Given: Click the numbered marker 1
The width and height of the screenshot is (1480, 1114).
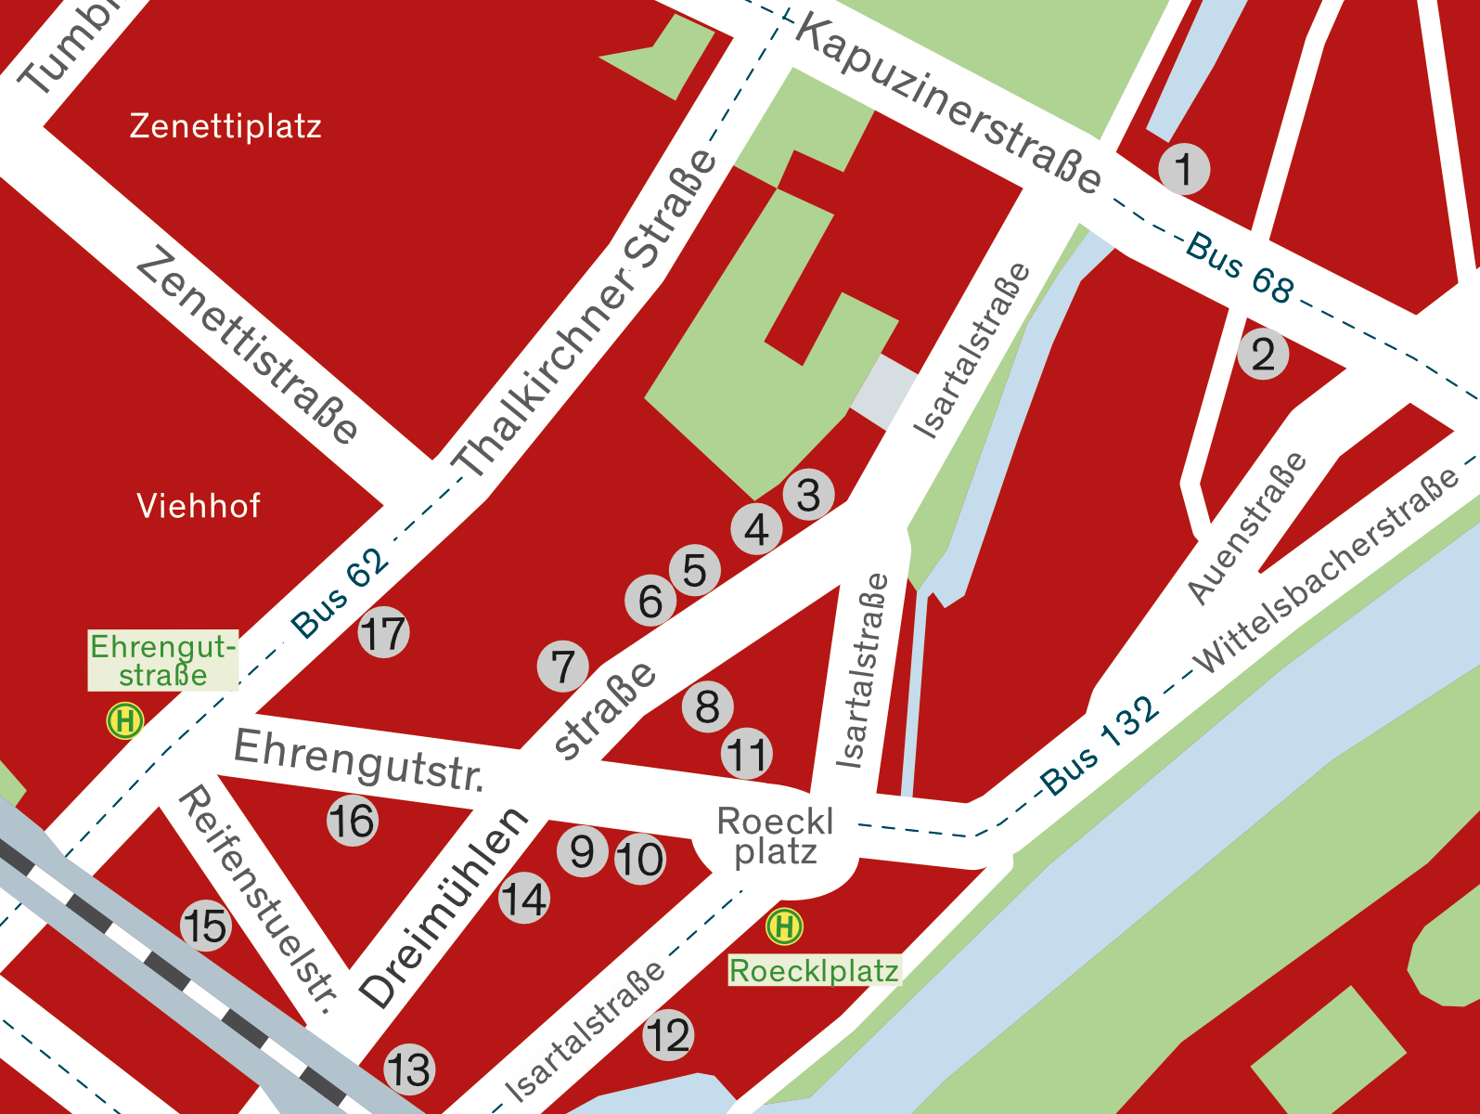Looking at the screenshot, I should coord(1184,169).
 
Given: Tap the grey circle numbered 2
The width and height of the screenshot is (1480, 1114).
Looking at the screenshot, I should coord(1263,355).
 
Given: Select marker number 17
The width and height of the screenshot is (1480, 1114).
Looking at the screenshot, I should coord(383,633).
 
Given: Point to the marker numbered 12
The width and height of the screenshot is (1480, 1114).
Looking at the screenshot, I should coord(668,1035).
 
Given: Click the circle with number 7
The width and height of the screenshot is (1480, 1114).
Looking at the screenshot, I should coord(563,667).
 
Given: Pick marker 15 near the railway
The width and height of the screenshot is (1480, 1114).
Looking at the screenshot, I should coord(205,926).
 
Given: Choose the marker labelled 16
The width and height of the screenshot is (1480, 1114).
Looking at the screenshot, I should coord(353,821).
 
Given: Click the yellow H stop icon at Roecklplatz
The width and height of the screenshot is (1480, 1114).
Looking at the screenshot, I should coord(784,926).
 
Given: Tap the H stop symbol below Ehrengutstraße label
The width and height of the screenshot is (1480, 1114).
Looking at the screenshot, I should coord(125,720).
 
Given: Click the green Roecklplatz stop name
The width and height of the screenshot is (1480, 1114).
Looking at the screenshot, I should coord(814,971).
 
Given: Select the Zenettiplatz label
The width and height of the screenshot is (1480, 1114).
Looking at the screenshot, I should coord(225,125).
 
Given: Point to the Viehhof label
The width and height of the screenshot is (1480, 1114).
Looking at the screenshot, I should coord(199,506).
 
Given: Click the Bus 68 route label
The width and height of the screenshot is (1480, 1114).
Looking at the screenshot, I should coord(1240,267).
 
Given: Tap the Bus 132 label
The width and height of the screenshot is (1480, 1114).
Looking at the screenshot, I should coord(1100,745).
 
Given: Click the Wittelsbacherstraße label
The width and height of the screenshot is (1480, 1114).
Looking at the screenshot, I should coord(1327,571).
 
